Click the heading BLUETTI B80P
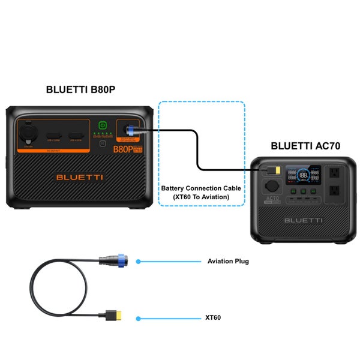(80, 90)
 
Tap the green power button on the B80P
(103, 126)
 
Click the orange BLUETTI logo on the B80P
(80, 177)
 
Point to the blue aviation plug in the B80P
(130, 128)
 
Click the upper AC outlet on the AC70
(333, 172)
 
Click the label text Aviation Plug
(228, 262)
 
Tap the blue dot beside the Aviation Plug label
(139, 262)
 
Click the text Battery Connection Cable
(200, 188)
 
